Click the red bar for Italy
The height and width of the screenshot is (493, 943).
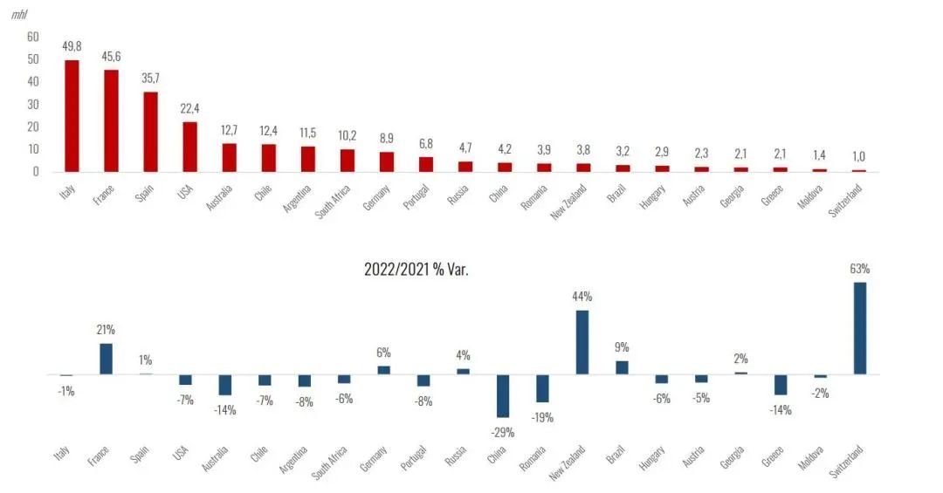pos(72,115)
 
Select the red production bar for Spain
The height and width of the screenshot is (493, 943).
pos(150,132)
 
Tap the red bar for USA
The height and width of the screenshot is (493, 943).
pos(189,147)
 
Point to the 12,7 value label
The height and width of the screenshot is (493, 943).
pos(229,130)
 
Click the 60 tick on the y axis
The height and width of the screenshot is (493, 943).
pos(33,37)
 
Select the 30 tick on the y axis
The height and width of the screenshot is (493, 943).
pos(33,104)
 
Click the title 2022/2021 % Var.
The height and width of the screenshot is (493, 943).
pos(416,270)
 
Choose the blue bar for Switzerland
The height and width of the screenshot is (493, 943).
pos(860,328)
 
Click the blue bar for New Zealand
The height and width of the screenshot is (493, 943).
pos(582,342)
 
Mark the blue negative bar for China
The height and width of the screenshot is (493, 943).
pos(503,396)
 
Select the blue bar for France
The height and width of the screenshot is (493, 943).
pos(106,359)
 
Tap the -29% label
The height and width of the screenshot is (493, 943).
pos(502,431)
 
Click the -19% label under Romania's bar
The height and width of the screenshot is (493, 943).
pos(542,416)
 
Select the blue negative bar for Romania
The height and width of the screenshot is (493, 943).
pos(542,388)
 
